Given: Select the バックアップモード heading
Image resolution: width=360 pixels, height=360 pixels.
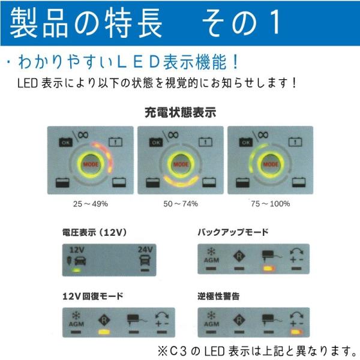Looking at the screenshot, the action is click(233, 231).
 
